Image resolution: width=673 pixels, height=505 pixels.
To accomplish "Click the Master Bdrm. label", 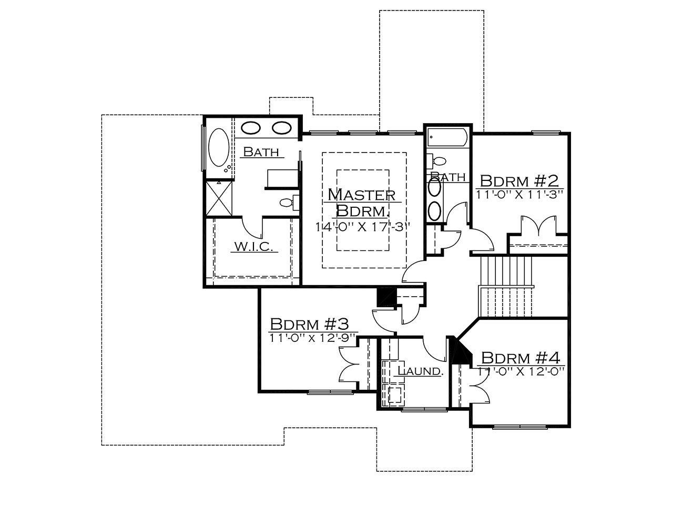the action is tap(362, 203).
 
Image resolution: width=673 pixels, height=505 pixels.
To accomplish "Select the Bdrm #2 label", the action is tap(519, 181).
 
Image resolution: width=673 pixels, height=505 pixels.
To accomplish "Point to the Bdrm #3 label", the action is tap(309, 324).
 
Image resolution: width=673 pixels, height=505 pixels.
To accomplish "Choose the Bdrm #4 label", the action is tap(521, 358).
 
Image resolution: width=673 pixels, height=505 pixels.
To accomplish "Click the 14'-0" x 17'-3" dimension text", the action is tap(363, 227).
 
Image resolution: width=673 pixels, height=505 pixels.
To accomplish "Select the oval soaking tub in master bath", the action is tap(218, 148).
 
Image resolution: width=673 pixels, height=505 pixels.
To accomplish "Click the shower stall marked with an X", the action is tap(219, 198).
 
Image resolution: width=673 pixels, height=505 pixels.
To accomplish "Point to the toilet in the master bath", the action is tap(289, 202).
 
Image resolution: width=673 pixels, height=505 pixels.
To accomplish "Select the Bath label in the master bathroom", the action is tap(261, 151).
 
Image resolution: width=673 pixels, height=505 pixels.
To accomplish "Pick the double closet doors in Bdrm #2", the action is tap(538, 226).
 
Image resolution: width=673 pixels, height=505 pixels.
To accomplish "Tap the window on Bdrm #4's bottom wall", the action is tap(520, 427).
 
